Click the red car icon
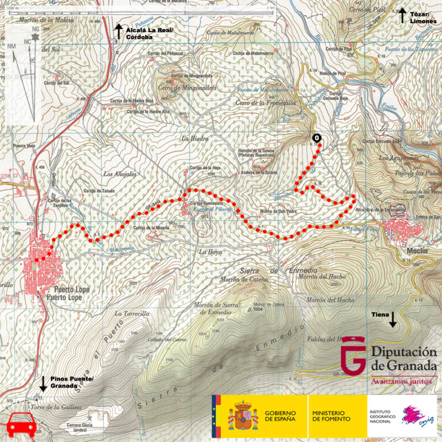point(22,425)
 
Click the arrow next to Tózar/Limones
point(404,14)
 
